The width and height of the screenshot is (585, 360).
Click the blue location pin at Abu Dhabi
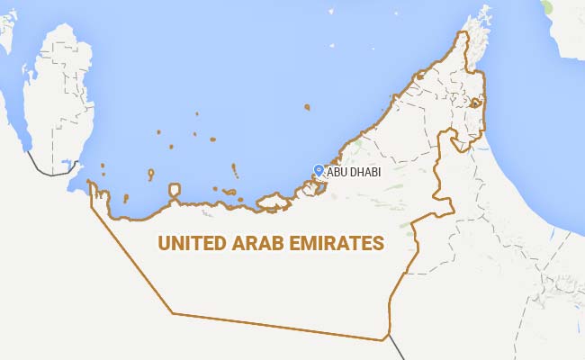coord(318,169)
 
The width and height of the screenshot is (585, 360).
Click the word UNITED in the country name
coord(190,243)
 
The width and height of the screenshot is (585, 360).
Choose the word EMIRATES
coord(337,243)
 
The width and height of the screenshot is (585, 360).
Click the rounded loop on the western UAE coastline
coord(175,191)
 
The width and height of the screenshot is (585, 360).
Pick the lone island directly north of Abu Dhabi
coord(307,107)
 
